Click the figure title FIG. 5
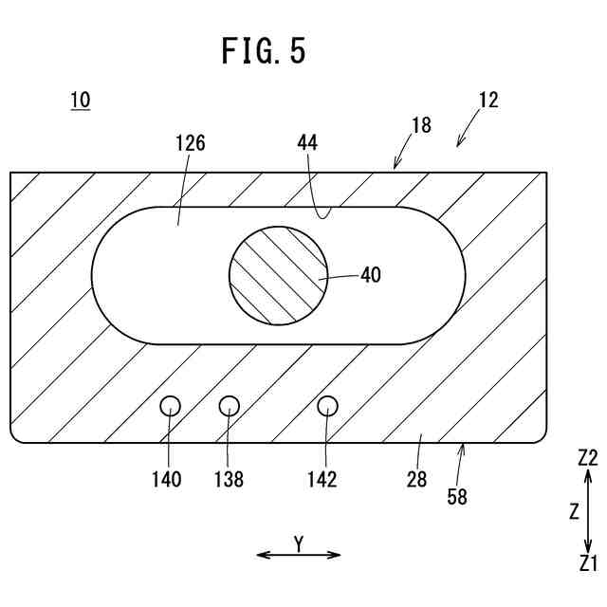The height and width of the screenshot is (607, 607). click(x=264, y=50)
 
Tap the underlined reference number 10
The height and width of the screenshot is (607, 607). click(x=80, y=100)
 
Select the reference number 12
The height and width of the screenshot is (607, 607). click(x=488, y=100)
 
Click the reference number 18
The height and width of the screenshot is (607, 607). click(x=421, y=124)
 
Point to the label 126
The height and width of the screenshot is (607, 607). click(x=191, y=143)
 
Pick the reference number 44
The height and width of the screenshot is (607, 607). click(x=306, y=143)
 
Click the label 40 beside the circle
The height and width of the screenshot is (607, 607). click(x=371, y=275)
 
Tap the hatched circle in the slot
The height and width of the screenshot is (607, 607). click(x=279, y=275)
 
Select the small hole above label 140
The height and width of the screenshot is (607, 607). click(x=170, y=406)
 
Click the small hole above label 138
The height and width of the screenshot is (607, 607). click(x=230, y=406)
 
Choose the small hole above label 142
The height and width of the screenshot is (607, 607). click(x=327, y=406)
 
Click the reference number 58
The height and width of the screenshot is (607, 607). click(x=457, y=495)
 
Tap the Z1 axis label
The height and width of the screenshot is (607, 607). click(x=588, y=563)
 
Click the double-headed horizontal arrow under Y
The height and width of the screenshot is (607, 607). click(x=298, y=555)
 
